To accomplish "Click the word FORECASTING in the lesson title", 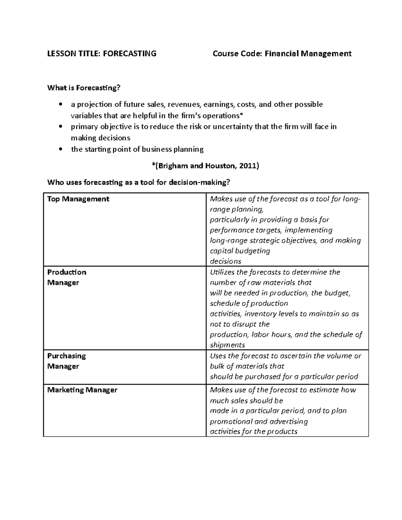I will [x=130, y=54].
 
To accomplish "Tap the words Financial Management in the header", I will [x=308, y=54].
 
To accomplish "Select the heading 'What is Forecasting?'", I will [x=84, y=88].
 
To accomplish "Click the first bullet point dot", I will [x=60, y=104].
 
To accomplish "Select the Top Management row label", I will [x=78, y=199].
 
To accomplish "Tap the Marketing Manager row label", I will [x=82, y=390].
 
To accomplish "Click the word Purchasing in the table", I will [x=66, y=356].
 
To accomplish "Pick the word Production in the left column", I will [x=67, y=272].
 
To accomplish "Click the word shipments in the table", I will [x=227, y=345].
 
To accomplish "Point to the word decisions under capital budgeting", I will [x=225, y=261].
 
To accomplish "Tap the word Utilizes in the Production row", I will [x=222, y=272].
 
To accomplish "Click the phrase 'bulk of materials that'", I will [x=247, y=366].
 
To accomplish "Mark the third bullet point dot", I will [x=60, y=149].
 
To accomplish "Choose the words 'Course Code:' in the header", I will [x=238, y=54].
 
